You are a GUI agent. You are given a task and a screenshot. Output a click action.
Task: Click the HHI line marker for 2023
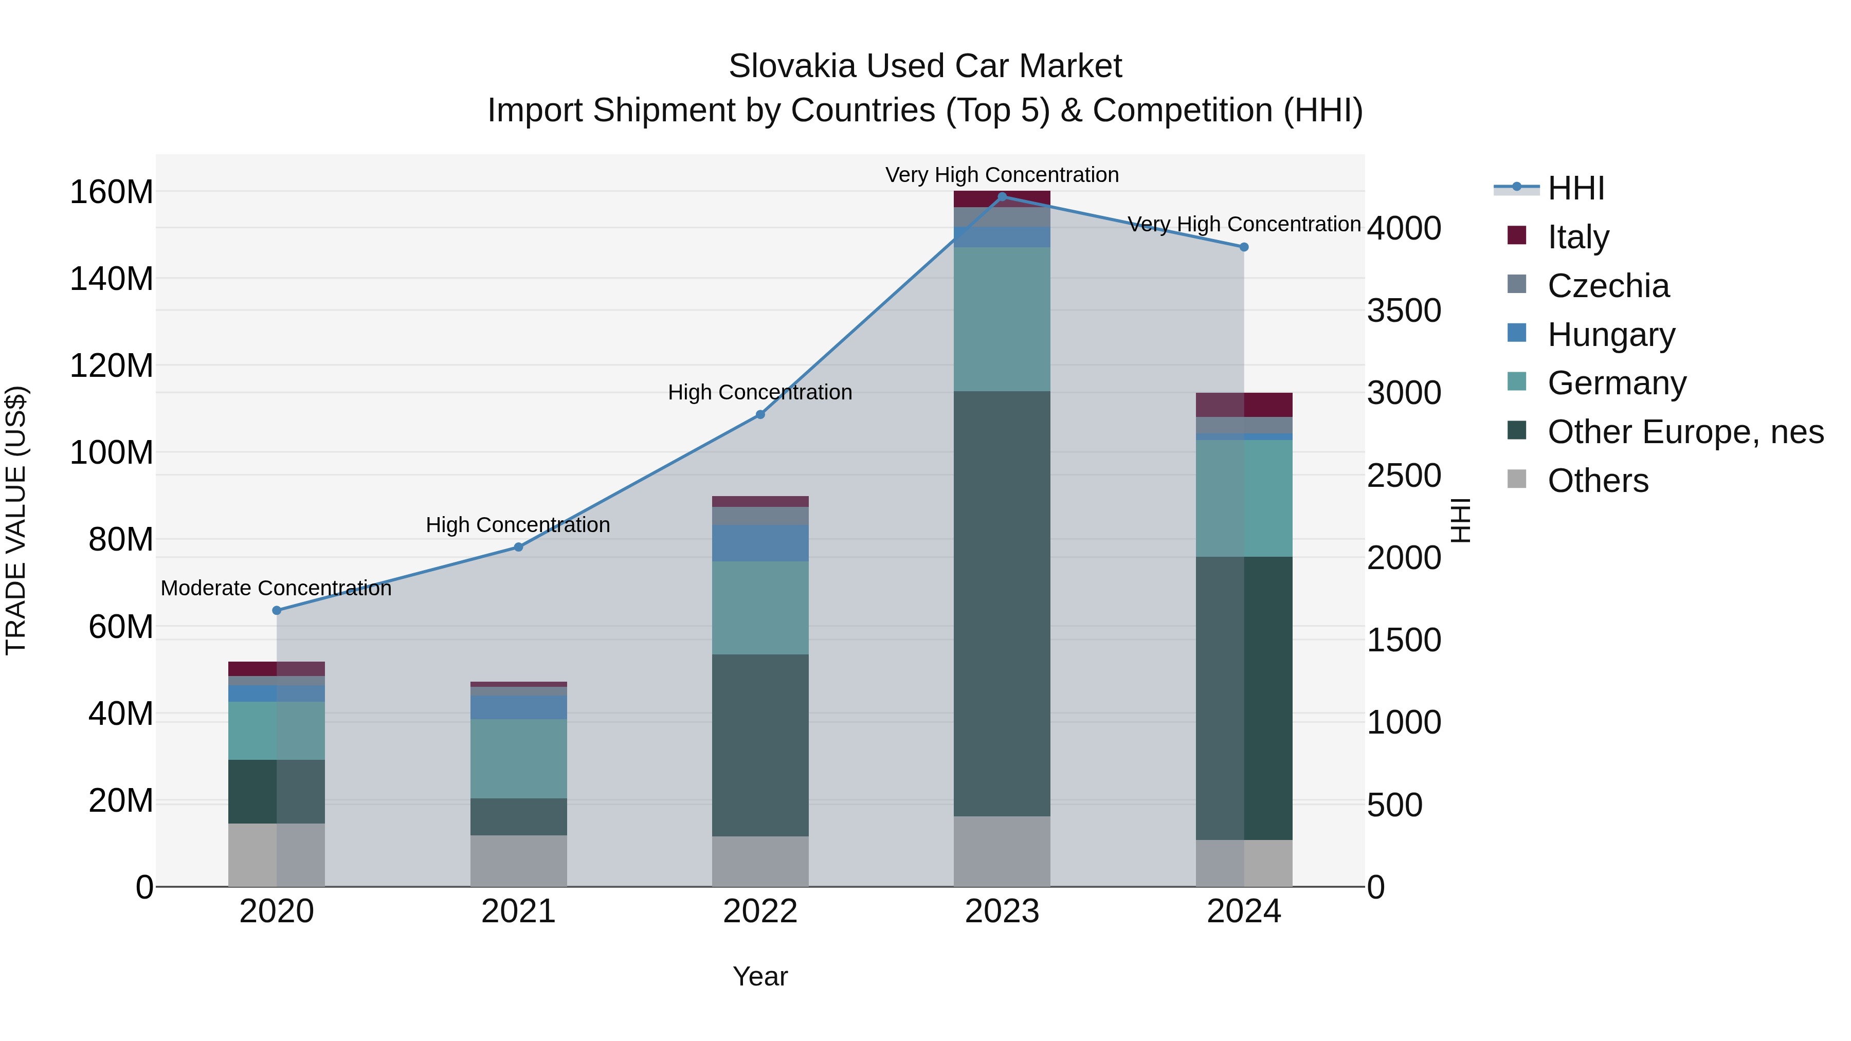tap(1002, 197)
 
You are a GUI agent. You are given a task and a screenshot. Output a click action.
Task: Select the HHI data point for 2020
tap(277, 611)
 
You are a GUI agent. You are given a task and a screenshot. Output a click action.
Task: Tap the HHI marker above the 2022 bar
tap(760, 414)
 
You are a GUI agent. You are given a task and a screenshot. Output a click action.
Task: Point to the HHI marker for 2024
tap(1244, 247)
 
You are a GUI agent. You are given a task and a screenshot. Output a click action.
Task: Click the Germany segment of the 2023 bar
tap(1002, 319)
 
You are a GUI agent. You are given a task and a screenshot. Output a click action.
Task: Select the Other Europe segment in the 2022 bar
tap(760, 745)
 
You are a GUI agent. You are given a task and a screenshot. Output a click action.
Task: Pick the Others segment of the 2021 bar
tap(518, 861)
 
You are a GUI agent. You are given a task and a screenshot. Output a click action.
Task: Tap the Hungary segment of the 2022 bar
tap(760, 543)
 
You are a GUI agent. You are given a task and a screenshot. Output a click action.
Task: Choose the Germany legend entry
tap(1617, 383)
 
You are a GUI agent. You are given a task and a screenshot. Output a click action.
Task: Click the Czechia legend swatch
tap(1516, 284)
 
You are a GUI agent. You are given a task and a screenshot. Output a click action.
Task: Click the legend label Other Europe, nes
tap(1685, 432)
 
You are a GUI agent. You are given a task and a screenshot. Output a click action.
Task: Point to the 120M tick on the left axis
tap(112, 366)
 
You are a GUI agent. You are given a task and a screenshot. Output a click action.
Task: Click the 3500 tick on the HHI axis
tap(1403, 311)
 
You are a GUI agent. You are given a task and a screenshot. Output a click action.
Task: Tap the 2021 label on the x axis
tap(518, 911)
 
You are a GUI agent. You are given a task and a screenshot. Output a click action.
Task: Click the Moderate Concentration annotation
tap(276, 589)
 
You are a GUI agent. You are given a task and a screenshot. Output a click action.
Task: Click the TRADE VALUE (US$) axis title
tap(16, 520)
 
